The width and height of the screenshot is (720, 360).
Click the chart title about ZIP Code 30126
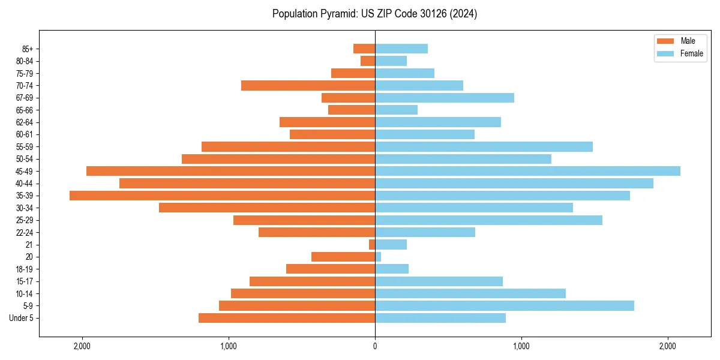374,14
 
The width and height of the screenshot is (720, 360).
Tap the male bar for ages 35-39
222,196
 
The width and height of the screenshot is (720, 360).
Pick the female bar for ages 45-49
527,171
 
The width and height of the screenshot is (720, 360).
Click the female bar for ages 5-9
504,306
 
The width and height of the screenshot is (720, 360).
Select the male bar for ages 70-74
308,85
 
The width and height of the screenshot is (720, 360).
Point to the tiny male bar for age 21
372,245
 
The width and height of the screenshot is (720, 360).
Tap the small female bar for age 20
378,257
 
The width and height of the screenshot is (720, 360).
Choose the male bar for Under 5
286,318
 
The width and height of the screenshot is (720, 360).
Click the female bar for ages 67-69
444,98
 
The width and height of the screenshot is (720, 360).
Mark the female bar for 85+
401,49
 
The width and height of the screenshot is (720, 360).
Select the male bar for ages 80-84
368,61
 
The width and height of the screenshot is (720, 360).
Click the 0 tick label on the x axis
375,346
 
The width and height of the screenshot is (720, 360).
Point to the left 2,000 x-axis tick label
82,346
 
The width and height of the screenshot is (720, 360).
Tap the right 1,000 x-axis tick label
521,346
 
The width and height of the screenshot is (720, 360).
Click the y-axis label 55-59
24,146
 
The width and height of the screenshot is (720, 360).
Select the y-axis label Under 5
21,318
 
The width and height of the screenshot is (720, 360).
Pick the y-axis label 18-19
24,269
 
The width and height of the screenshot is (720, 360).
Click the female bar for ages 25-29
488,220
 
